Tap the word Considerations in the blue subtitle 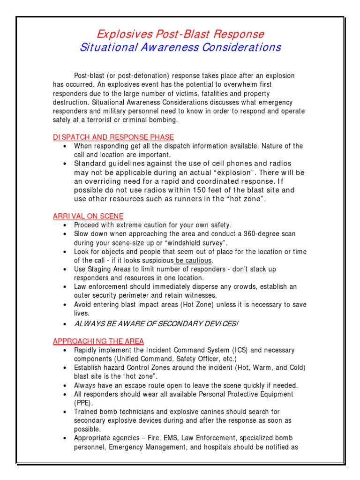tap(240, 47)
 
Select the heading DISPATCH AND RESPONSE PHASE tap(113, 137)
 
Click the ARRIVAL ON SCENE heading tap(88, 216)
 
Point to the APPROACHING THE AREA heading tap(98, 341)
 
